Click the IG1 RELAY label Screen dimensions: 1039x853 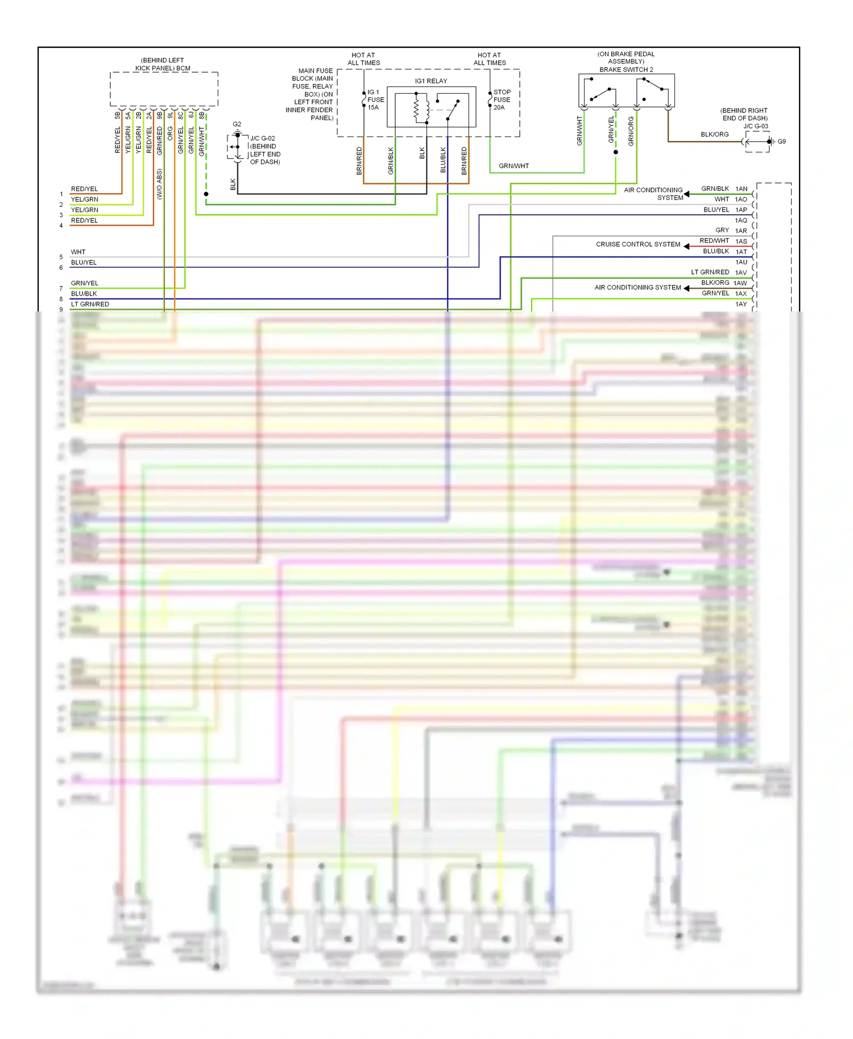(431, 81)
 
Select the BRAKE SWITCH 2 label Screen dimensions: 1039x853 (626, 70)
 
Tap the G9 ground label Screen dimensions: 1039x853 (782, 142)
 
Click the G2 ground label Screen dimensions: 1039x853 (237, 124)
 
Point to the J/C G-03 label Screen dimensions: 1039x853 (756, 126)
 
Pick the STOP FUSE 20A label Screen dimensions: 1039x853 (502, 99)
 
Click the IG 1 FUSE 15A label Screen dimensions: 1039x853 (375, 99)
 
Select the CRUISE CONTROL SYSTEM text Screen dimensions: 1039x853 (638, 244)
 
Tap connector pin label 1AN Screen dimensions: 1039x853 (741, 189)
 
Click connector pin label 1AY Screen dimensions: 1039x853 (741, 305)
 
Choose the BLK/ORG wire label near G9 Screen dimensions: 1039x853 (714, 135)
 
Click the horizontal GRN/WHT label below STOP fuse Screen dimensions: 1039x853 (514, 166)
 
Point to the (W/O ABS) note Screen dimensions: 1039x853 (159, 184)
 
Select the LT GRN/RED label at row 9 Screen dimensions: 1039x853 (90, 305)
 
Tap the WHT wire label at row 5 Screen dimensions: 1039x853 (78, 252)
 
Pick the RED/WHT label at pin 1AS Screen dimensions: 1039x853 (714, 241)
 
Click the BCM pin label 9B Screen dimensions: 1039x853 (160, 115)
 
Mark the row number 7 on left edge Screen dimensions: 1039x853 (61, 289)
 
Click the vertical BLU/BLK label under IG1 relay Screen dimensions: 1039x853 (443, 160)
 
